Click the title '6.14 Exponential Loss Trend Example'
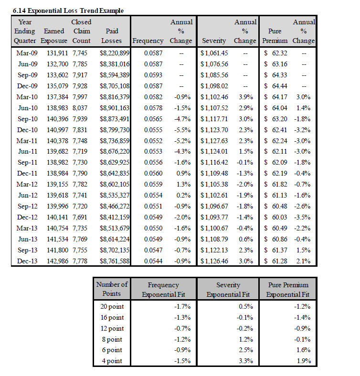coord(68,11)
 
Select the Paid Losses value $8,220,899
coord(115,53)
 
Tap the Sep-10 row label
coord(28,119)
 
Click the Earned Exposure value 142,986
coord(57,261)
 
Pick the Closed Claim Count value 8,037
coord(80,108)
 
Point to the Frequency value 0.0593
coord(153,75)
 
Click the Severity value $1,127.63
coord(214,141)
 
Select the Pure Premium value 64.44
coord(280,86)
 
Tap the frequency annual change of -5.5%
coord(182,130)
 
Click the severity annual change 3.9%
coord(246,97)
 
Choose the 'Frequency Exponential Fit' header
coord(163,290)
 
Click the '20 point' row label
coord(112,306)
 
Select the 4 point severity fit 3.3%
coord(246,361)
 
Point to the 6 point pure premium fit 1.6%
coord(303,350)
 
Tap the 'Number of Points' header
coord(112,289)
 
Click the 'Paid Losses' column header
coord(112,36)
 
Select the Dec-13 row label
coord(27,261)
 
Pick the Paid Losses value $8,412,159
coord(115,217)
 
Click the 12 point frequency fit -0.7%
coord(182,328)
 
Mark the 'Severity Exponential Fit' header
coord(228,290)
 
